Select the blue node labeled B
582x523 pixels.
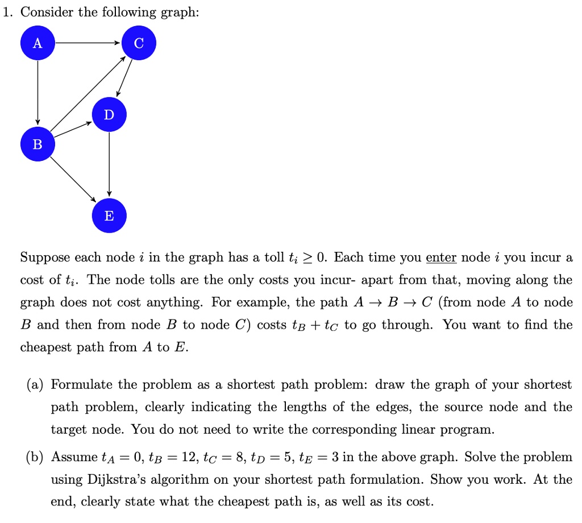point(38,144)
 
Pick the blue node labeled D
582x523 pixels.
point(109,115)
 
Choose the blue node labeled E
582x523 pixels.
point(109,216)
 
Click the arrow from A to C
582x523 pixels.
point(88,43)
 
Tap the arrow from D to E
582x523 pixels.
point(109,165)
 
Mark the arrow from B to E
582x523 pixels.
point(74,180)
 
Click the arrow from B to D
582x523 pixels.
point(73,130)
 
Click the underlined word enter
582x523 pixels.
point(441,258)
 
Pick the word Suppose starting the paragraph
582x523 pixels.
point(45,258)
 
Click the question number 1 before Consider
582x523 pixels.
point(6,12)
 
